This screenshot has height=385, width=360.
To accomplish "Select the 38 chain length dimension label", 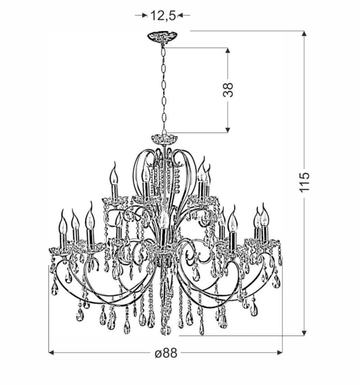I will (228, 90).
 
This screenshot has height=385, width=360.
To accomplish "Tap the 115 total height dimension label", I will (304, 182).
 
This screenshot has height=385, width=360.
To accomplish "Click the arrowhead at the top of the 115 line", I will (304, 34).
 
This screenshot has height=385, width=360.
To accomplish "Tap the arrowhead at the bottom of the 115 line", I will (304, 333).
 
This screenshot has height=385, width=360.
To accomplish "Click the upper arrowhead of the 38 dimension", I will (228, 51).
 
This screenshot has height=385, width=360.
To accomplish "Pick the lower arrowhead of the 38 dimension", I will (228, 129).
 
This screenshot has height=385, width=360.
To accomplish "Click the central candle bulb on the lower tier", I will (163, 219).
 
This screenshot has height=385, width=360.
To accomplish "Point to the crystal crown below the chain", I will (164, 139).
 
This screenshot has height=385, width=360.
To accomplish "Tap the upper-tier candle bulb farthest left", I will (114, 176).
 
